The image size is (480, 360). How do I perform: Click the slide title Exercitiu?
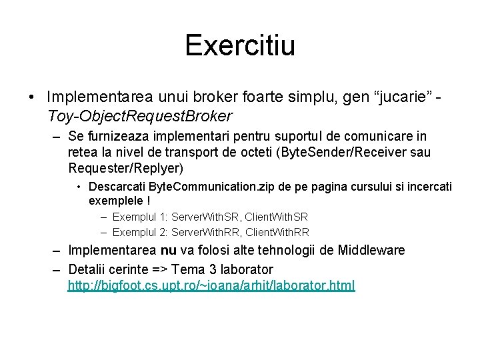240,46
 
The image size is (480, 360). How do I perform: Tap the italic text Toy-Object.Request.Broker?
140,116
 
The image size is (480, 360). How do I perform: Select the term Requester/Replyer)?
125,169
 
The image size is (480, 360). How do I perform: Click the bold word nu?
168,251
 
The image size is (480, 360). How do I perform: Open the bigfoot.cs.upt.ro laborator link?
211,286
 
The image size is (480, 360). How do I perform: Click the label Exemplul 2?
140,232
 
